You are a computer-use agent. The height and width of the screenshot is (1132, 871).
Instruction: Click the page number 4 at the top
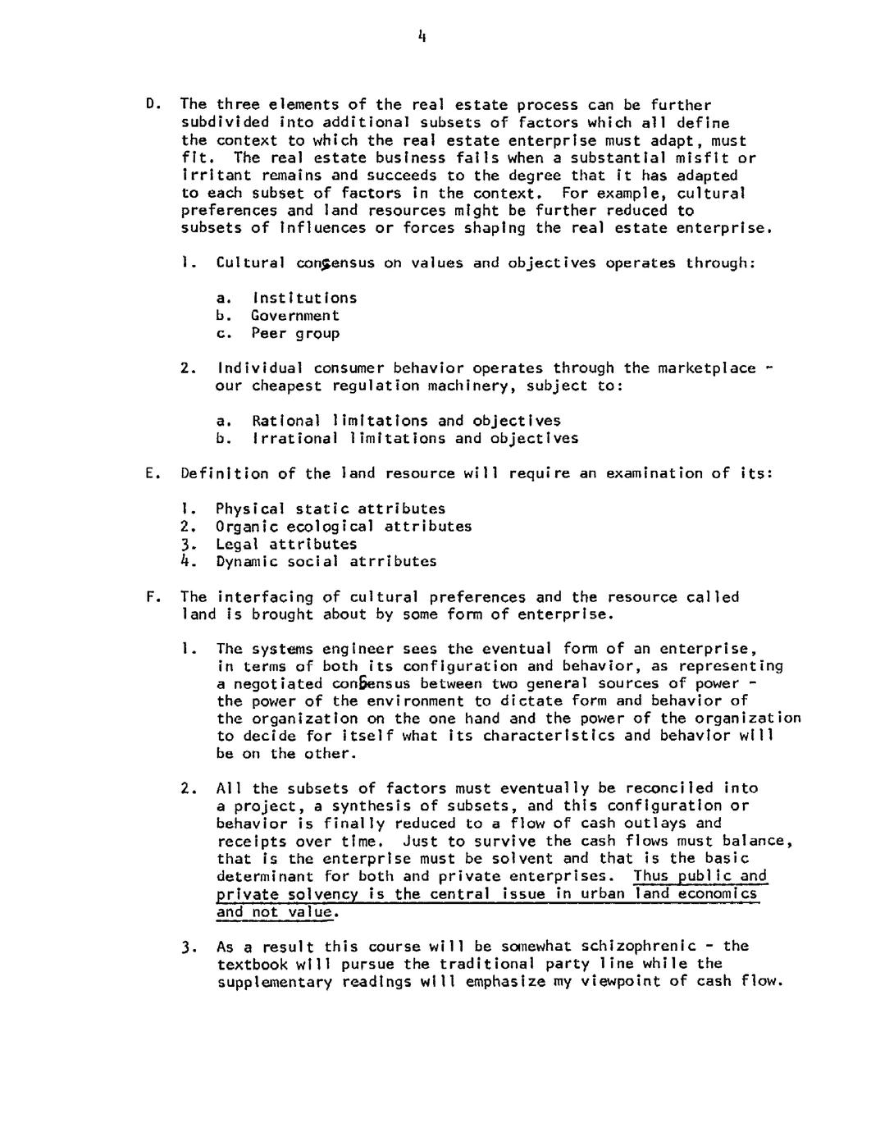point(421,36)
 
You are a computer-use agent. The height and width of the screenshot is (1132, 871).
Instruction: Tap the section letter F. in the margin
point(151,596)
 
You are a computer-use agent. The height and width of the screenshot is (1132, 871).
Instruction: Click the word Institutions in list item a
point(304,298)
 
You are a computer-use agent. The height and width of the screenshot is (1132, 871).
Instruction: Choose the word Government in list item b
point(295,315)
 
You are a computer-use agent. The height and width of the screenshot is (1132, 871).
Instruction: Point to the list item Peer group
point(295,333)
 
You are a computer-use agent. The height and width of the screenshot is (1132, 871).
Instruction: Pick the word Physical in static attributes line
point(251,509)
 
